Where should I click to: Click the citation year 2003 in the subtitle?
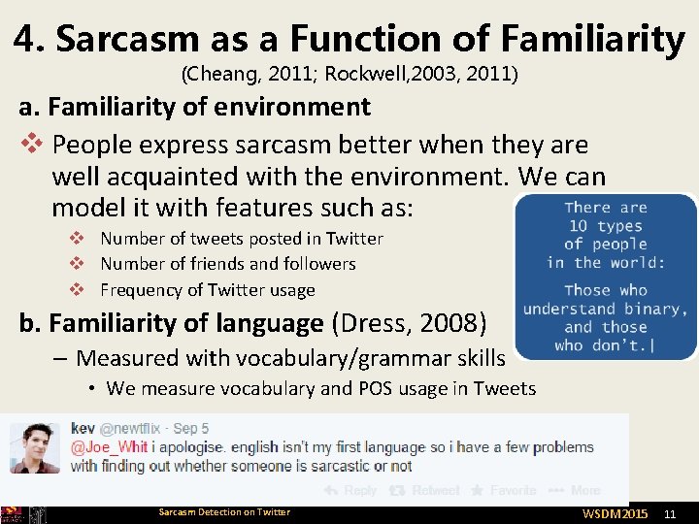[415, 74]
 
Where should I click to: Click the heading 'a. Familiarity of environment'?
[194, 107]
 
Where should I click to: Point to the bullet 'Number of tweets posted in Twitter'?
[242, 239]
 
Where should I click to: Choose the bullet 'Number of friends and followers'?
[228, 264]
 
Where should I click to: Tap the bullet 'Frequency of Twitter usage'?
[208, 290]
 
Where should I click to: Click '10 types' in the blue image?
[606, 226]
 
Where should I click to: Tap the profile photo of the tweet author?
[35, 447]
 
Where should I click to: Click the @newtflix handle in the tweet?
[133, 428]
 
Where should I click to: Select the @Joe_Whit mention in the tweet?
[110, 447]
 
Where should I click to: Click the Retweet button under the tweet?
[430, 491]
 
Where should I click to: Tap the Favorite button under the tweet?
[503, 491]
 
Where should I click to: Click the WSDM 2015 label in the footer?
[615, 512]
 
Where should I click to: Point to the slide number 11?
[668, 512]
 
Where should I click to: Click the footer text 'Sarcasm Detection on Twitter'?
[224, 512]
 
